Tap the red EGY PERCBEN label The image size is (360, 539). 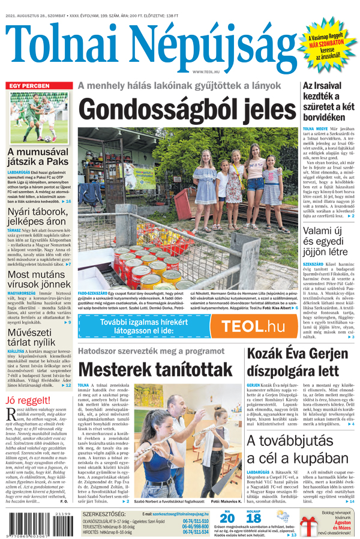pyautogui.click(x=28, y=85)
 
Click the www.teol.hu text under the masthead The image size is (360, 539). pyautogui.click(x=206, y=71)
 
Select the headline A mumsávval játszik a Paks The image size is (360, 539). pyautogui.click(x=38, y=157)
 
